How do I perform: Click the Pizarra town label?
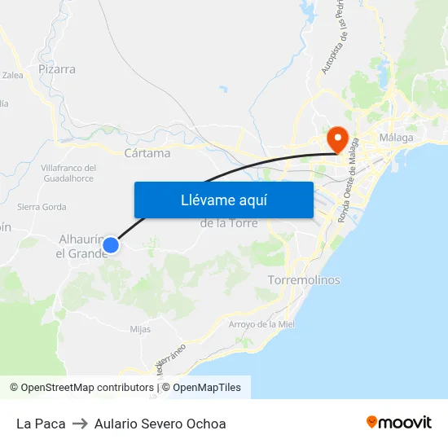pos(57,69)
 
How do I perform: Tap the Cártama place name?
pos(147,153)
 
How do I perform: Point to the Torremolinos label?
pos(304,280)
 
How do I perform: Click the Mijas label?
pos(140,330)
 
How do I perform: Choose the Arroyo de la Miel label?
pos(261,324)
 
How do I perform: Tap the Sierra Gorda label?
pos(42,207)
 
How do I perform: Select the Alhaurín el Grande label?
pos(81,246)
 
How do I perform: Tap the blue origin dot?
pos(112,244)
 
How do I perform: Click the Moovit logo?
pos(399,423)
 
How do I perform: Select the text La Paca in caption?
pos(41,424)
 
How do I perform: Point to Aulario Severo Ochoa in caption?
pos(160,424)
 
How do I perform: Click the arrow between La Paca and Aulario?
pos(80,424)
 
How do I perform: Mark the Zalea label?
pos(13,75)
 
